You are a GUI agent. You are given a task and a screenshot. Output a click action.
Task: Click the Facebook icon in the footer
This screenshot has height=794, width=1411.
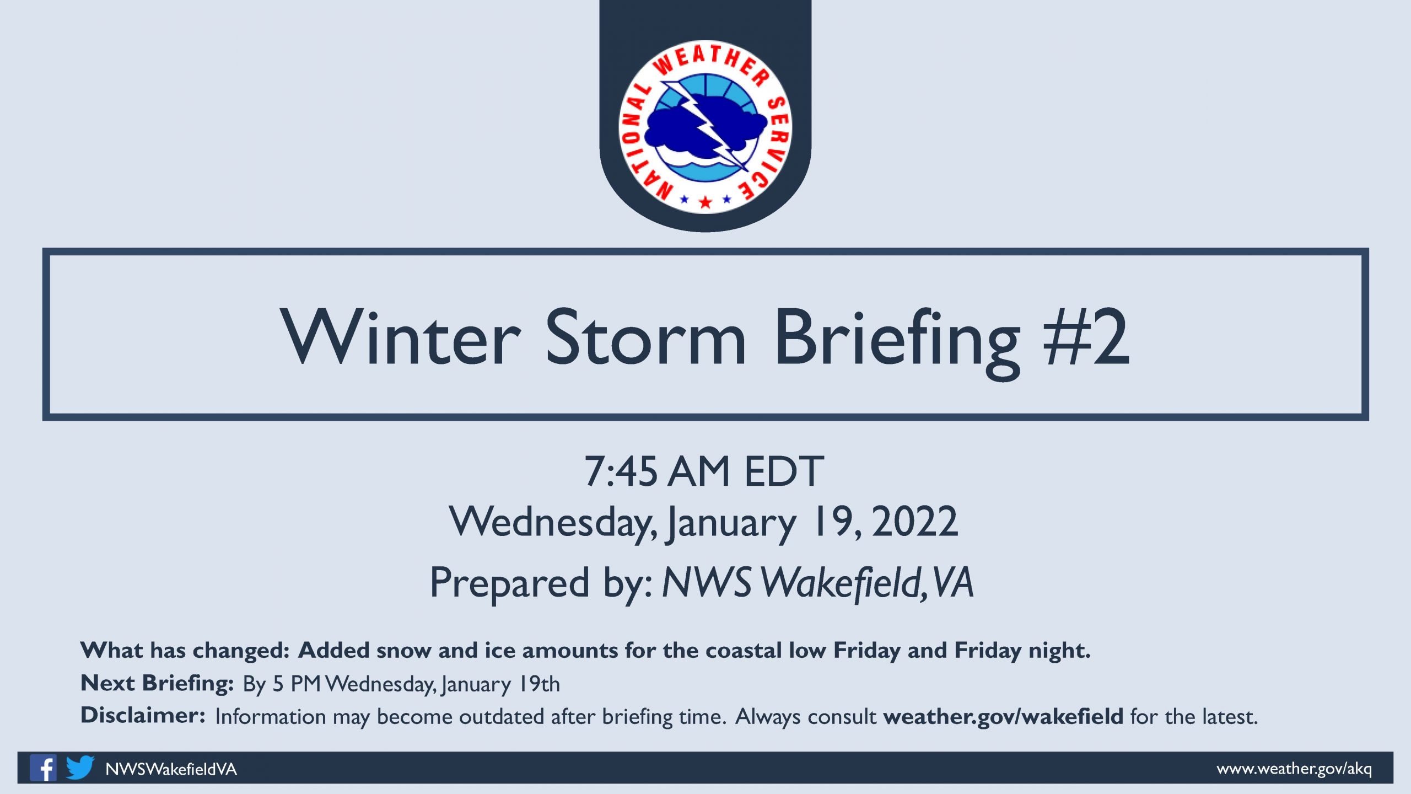pyautogui.click(x=43, y=768)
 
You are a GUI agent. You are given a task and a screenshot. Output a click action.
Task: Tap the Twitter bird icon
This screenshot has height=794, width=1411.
pyautogui.click(x=80, y=768)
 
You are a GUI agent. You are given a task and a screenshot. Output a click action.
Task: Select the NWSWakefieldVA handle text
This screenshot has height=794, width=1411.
pyautogui.click(x=171, y=769)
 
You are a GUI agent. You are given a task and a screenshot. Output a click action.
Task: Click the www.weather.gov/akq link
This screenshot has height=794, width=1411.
pyautogui.click(x=1294, y=769)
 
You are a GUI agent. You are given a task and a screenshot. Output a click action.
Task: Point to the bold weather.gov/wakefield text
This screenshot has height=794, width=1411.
pyautogui.click(x=1003, y=716)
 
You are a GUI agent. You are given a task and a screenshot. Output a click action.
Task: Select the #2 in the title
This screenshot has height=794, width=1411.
pyautogui.click(x=1086, y=336)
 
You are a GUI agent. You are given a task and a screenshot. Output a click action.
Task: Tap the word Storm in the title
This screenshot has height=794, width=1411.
pyautogui.click(x=645, y=336)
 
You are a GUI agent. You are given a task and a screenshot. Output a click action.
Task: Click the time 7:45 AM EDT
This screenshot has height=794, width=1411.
pyautogui.click(x=704, y=471)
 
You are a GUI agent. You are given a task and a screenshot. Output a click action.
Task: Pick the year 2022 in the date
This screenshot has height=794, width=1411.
pyautogui.click(x=915, y=522)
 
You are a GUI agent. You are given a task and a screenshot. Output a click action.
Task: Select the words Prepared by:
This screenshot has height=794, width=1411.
pyautogui.click(x=542, y=583)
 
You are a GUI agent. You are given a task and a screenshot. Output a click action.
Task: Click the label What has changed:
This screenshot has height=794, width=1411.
pyautogui.click(x=185, y=651)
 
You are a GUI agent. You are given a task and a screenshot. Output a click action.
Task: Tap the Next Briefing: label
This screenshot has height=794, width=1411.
pyautogui.click(x=157, y=683)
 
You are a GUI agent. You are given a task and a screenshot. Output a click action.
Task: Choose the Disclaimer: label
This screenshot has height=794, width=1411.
pyautogui.click(x=143, y=715)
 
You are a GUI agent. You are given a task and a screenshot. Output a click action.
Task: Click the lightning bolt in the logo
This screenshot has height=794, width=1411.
pyautogui.click(x=705, y=126)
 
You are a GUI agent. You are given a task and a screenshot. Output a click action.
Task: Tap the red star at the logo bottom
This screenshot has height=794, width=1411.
pyautogui.click(x=705, y=202)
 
